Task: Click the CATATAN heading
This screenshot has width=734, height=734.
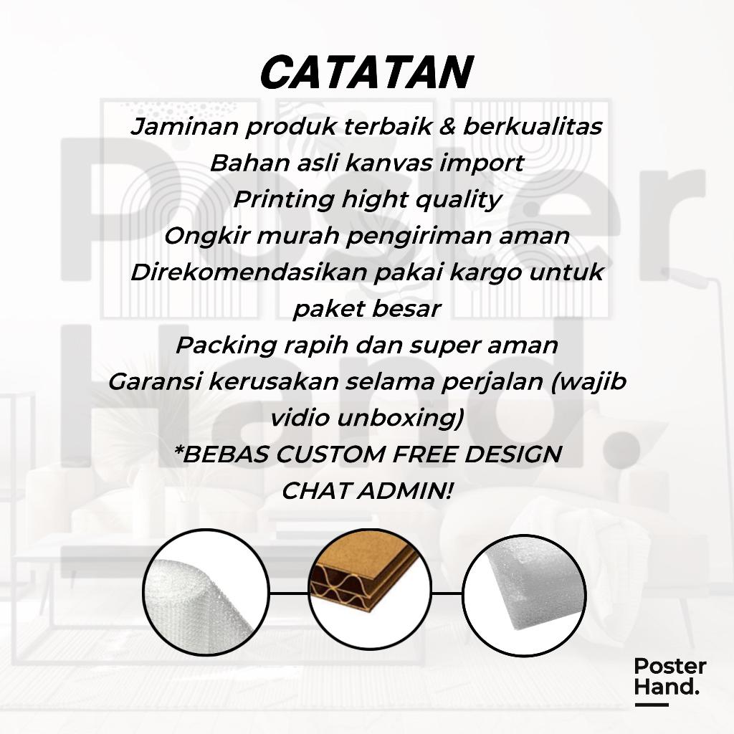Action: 367,72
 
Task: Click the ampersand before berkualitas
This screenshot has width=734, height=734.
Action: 447,126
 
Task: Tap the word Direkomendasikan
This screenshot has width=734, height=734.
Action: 249,272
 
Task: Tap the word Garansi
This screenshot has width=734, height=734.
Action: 155,382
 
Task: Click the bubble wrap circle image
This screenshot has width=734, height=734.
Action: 206,593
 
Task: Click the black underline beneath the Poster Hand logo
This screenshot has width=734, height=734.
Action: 651,705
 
